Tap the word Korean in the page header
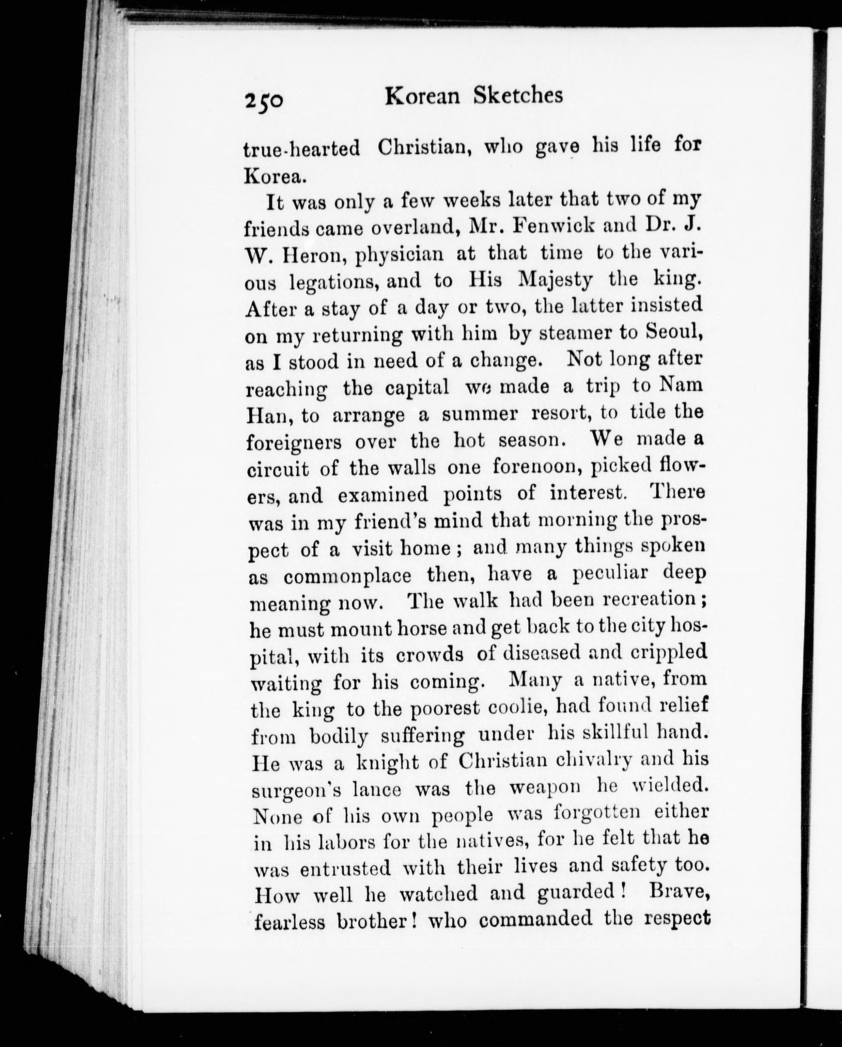[x=422, y=96]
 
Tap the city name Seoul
[x=675, y=332]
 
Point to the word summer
[x=480, y=414]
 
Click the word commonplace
[x=347, y=576]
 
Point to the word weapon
[x=545, y=787]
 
